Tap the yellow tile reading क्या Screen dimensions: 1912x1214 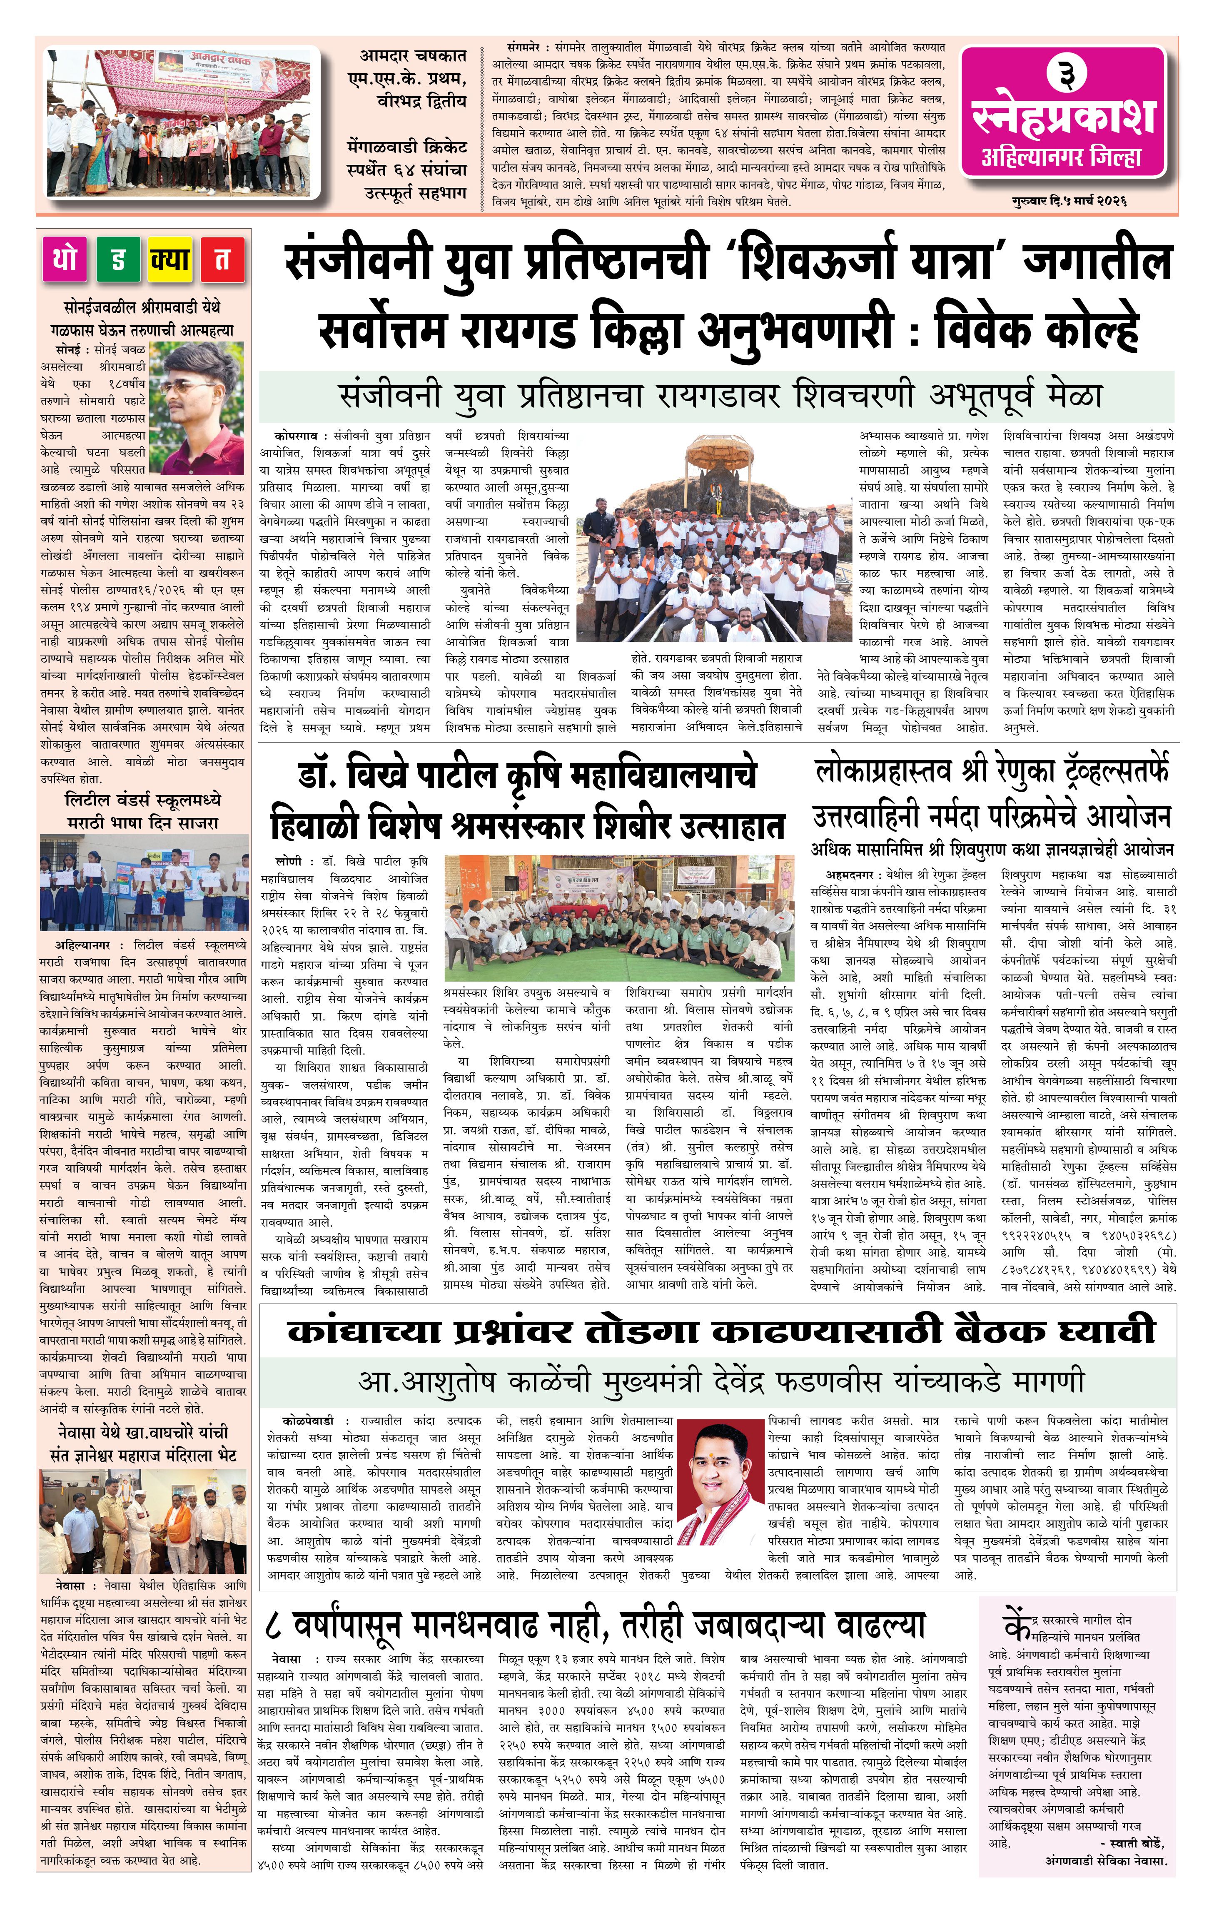pyautogui.click(x=170, y=259)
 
